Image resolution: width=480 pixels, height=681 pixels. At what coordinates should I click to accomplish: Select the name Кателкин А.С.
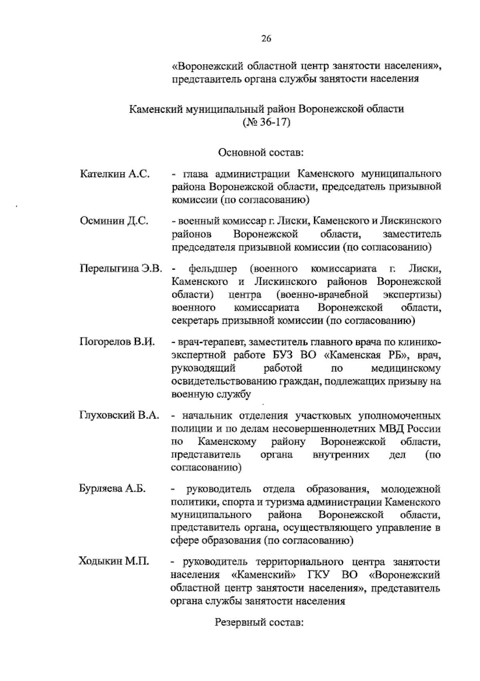(115, 174)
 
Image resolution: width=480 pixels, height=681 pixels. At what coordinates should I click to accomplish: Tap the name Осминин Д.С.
(114, 221)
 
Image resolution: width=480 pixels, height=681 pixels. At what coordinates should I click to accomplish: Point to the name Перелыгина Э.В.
(120, 268)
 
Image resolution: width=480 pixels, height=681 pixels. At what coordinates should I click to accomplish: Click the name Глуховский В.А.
(119, 415)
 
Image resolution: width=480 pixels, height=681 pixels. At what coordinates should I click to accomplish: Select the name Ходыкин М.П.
(114, 562)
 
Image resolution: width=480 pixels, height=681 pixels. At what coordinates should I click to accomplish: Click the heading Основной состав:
(261, 152)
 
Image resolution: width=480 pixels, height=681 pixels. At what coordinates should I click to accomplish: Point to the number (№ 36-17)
(266, 122)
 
